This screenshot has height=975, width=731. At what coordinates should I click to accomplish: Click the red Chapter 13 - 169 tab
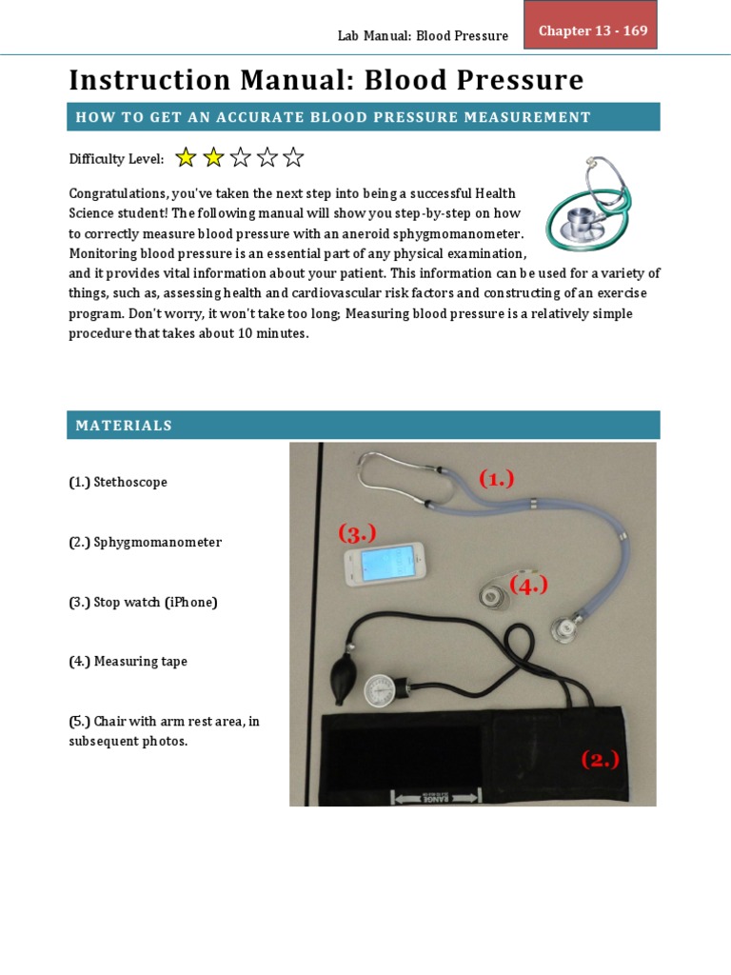[x=592, y=30]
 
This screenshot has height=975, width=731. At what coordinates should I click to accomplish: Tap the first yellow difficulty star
[x=186, y=157]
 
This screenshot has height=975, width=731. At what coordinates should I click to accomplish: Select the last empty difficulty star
[x=293, y=157]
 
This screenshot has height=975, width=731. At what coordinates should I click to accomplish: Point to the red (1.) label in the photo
[x=496, y=479]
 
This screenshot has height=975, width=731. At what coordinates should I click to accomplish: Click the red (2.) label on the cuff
[x=601, y=759]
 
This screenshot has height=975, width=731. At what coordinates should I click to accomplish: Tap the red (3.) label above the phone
[x=357, y=534]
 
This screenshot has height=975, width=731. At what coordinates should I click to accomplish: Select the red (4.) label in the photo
[x=529, y=586]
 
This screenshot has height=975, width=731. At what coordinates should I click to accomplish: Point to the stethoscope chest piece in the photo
[x=569, y=628]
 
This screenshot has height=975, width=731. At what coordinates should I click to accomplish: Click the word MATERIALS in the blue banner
[x=124, y=426]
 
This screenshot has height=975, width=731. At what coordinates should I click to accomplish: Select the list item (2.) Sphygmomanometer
[x=145, y=543]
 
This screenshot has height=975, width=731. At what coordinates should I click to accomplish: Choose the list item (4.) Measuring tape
[x=128, y=662]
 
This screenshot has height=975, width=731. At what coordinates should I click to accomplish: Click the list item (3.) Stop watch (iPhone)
[x=143, y=603]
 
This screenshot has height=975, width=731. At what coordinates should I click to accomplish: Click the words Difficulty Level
[x=116, y=159]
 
